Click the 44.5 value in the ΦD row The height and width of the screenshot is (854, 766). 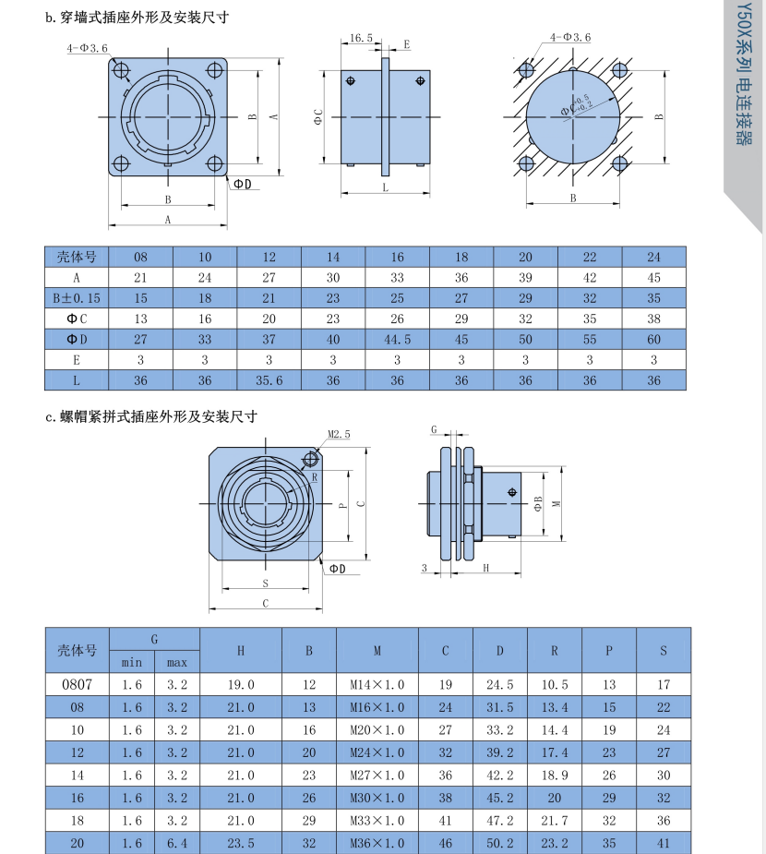[x=397, y=339]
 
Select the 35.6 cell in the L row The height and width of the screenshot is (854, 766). [x=269, y=380]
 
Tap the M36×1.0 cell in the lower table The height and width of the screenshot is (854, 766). [x=377, y=842]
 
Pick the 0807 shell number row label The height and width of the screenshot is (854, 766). [x=78, y=685]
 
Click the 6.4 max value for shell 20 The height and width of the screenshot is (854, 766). [x=176, y=842]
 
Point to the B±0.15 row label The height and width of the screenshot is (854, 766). [x=77, y=298]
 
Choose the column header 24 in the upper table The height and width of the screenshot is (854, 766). [x=654, y=257]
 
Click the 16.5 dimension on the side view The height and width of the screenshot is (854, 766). [x=362, y=39]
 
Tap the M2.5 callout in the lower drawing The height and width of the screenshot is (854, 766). [x=339, y=434]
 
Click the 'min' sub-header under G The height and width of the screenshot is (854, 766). [x=132, y=662]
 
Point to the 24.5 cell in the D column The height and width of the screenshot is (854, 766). [x=499, y=685]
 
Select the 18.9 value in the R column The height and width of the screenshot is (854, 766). [x=554, y=776]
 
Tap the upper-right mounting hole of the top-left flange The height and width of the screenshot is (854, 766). [x=215, y=69]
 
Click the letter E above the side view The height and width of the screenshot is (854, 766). [x=406, y=43]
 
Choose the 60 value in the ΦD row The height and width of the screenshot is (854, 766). [x=654, y=339]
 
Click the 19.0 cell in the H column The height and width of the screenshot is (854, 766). [x=241, y=685]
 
